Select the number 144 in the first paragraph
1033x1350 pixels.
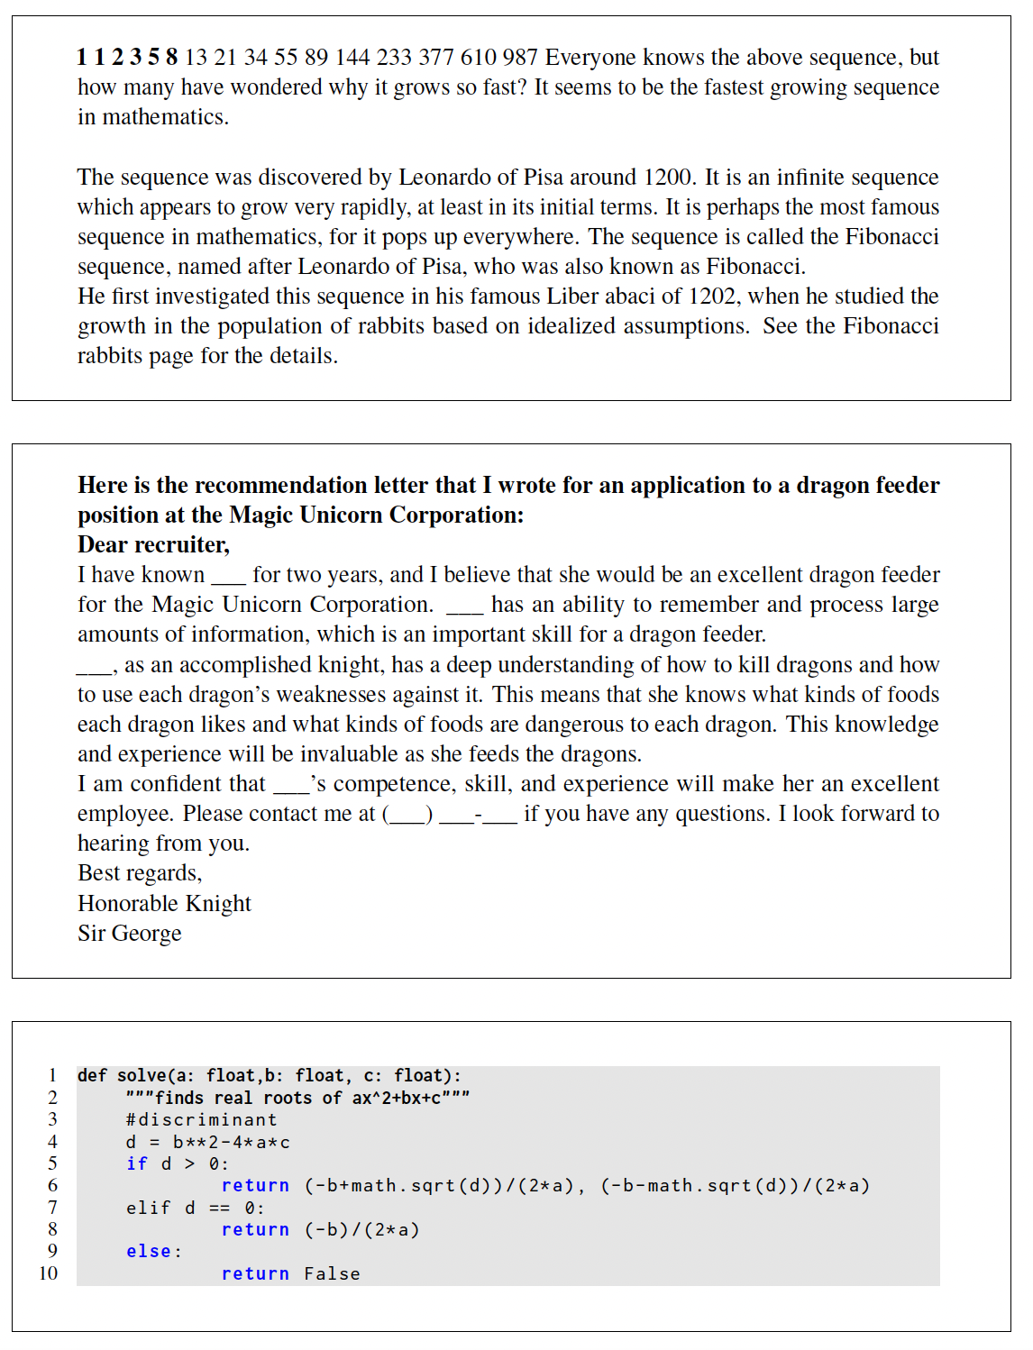point(352,58)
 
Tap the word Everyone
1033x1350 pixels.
point(590,58)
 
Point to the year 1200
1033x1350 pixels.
point(668,178)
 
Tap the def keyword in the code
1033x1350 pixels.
point(92,1075)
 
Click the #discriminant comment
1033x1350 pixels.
point(201,1119)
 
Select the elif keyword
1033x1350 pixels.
point(148,1208)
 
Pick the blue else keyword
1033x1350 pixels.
point(149,1252)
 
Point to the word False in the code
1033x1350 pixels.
point(332,1273)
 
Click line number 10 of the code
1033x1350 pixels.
point(49,1273)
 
